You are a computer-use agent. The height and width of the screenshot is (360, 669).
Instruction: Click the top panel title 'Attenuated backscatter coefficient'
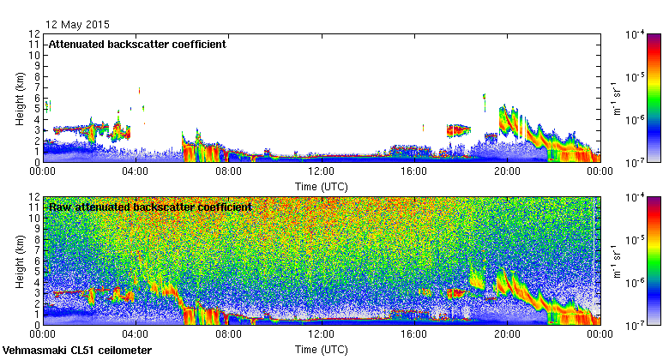(x=137, y=45)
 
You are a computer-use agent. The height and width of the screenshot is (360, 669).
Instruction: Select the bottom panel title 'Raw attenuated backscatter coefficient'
(x=150, y=207)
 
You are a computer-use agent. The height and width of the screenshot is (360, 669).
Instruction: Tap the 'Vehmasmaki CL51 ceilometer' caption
(x=77, y=351)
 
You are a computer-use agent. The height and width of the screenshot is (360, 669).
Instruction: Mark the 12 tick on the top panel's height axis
(x=35, y=34)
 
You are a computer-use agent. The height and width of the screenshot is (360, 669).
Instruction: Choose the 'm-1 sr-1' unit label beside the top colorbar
(x=615, y=99)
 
